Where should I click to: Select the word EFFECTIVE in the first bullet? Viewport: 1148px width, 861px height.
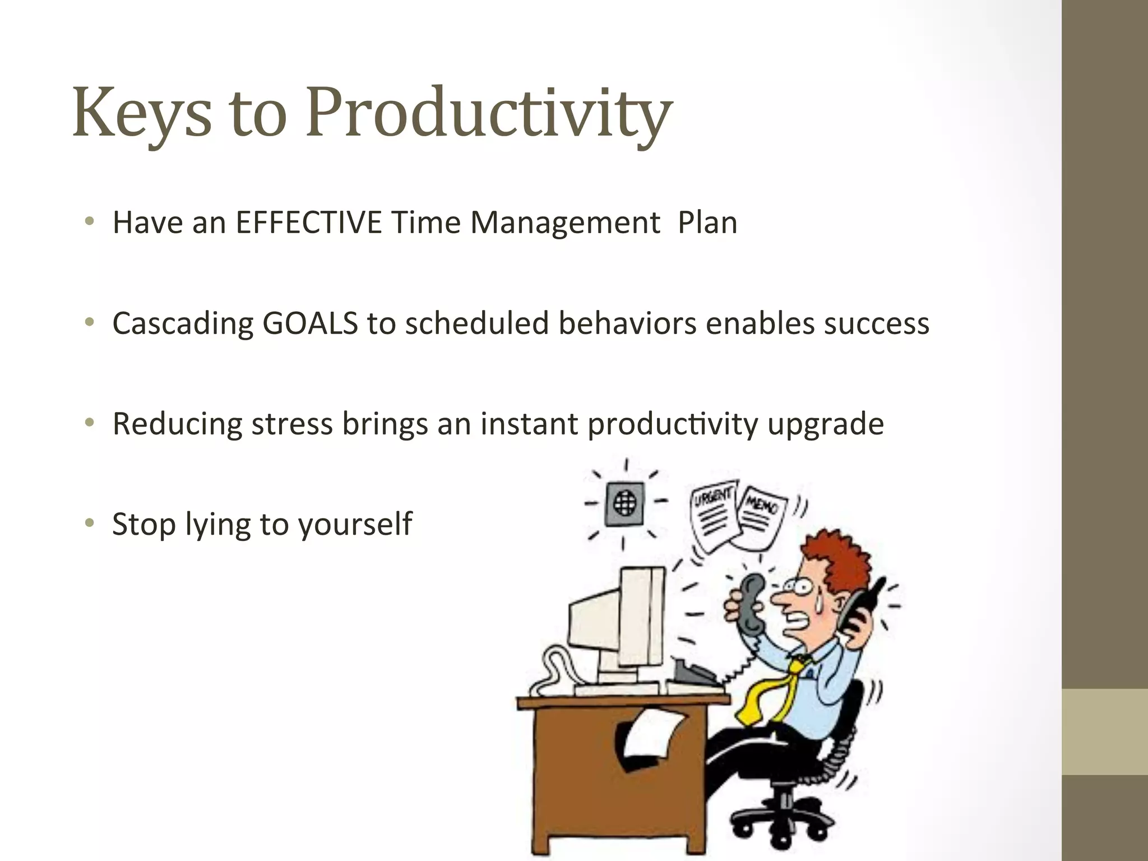pyautogui.click(x=309, y=222)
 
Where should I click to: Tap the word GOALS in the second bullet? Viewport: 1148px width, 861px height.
pyautogui.click(x=310, y=323)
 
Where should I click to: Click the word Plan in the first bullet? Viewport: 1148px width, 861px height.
pyautogui.click(x=707, y=222)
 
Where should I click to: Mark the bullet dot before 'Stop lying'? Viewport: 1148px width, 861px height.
pyautogui.click(x=89, y=523)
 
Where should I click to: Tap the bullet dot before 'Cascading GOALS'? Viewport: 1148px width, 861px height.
pyautogui.click(x=89, y=322)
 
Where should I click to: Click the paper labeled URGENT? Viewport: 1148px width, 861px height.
pyautogui.click(x=712, y=516)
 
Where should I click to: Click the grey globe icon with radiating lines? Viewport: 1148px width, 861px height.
pyautogui.click(x=625, y=503)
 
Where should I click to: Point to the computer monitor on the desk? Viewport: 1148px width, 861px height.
pyautogui.click(x=617, y=617)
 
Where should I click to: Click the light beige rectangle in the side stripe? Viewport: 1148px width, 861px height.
pyautogui.click(x=1104, y=732)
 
